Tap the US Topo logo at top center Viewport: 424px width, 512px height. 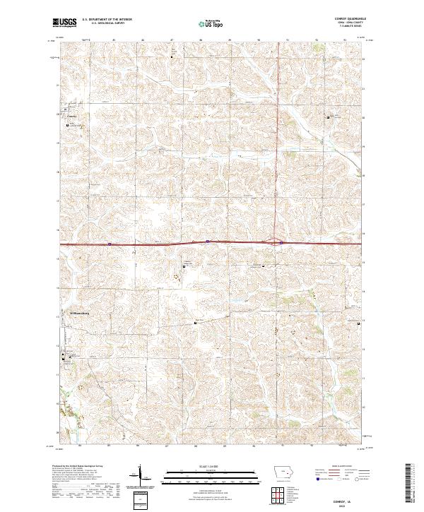click(211, 23)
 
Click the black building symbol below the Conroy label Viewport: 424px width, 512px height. click(68, 126)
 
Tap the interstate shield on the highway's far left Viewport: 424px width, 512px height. click(110, 244)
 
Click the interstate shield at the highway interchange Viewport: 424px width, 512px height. click(281, 244)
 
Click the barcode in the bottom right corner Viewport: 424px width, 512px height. click(409, 484)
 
